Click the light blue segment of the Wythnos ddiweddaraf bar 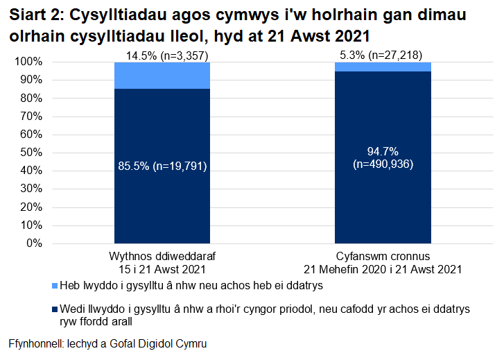[x=162, y=76]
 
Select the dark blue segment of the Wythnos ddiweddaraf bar [x=162, y=201]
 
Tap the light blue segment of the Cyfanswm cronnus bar [x=383, y=67]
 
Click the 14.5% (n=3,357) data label [x=162, y=55]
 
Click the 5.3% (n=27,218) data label [x=383, y=55]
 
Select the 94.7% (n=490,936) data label [x=383, y=157]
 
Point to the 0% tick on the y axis [x=34, y=243]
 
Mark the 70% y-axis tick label [x=31, y=117]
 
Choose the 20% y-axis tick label [x=31, y=207]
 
